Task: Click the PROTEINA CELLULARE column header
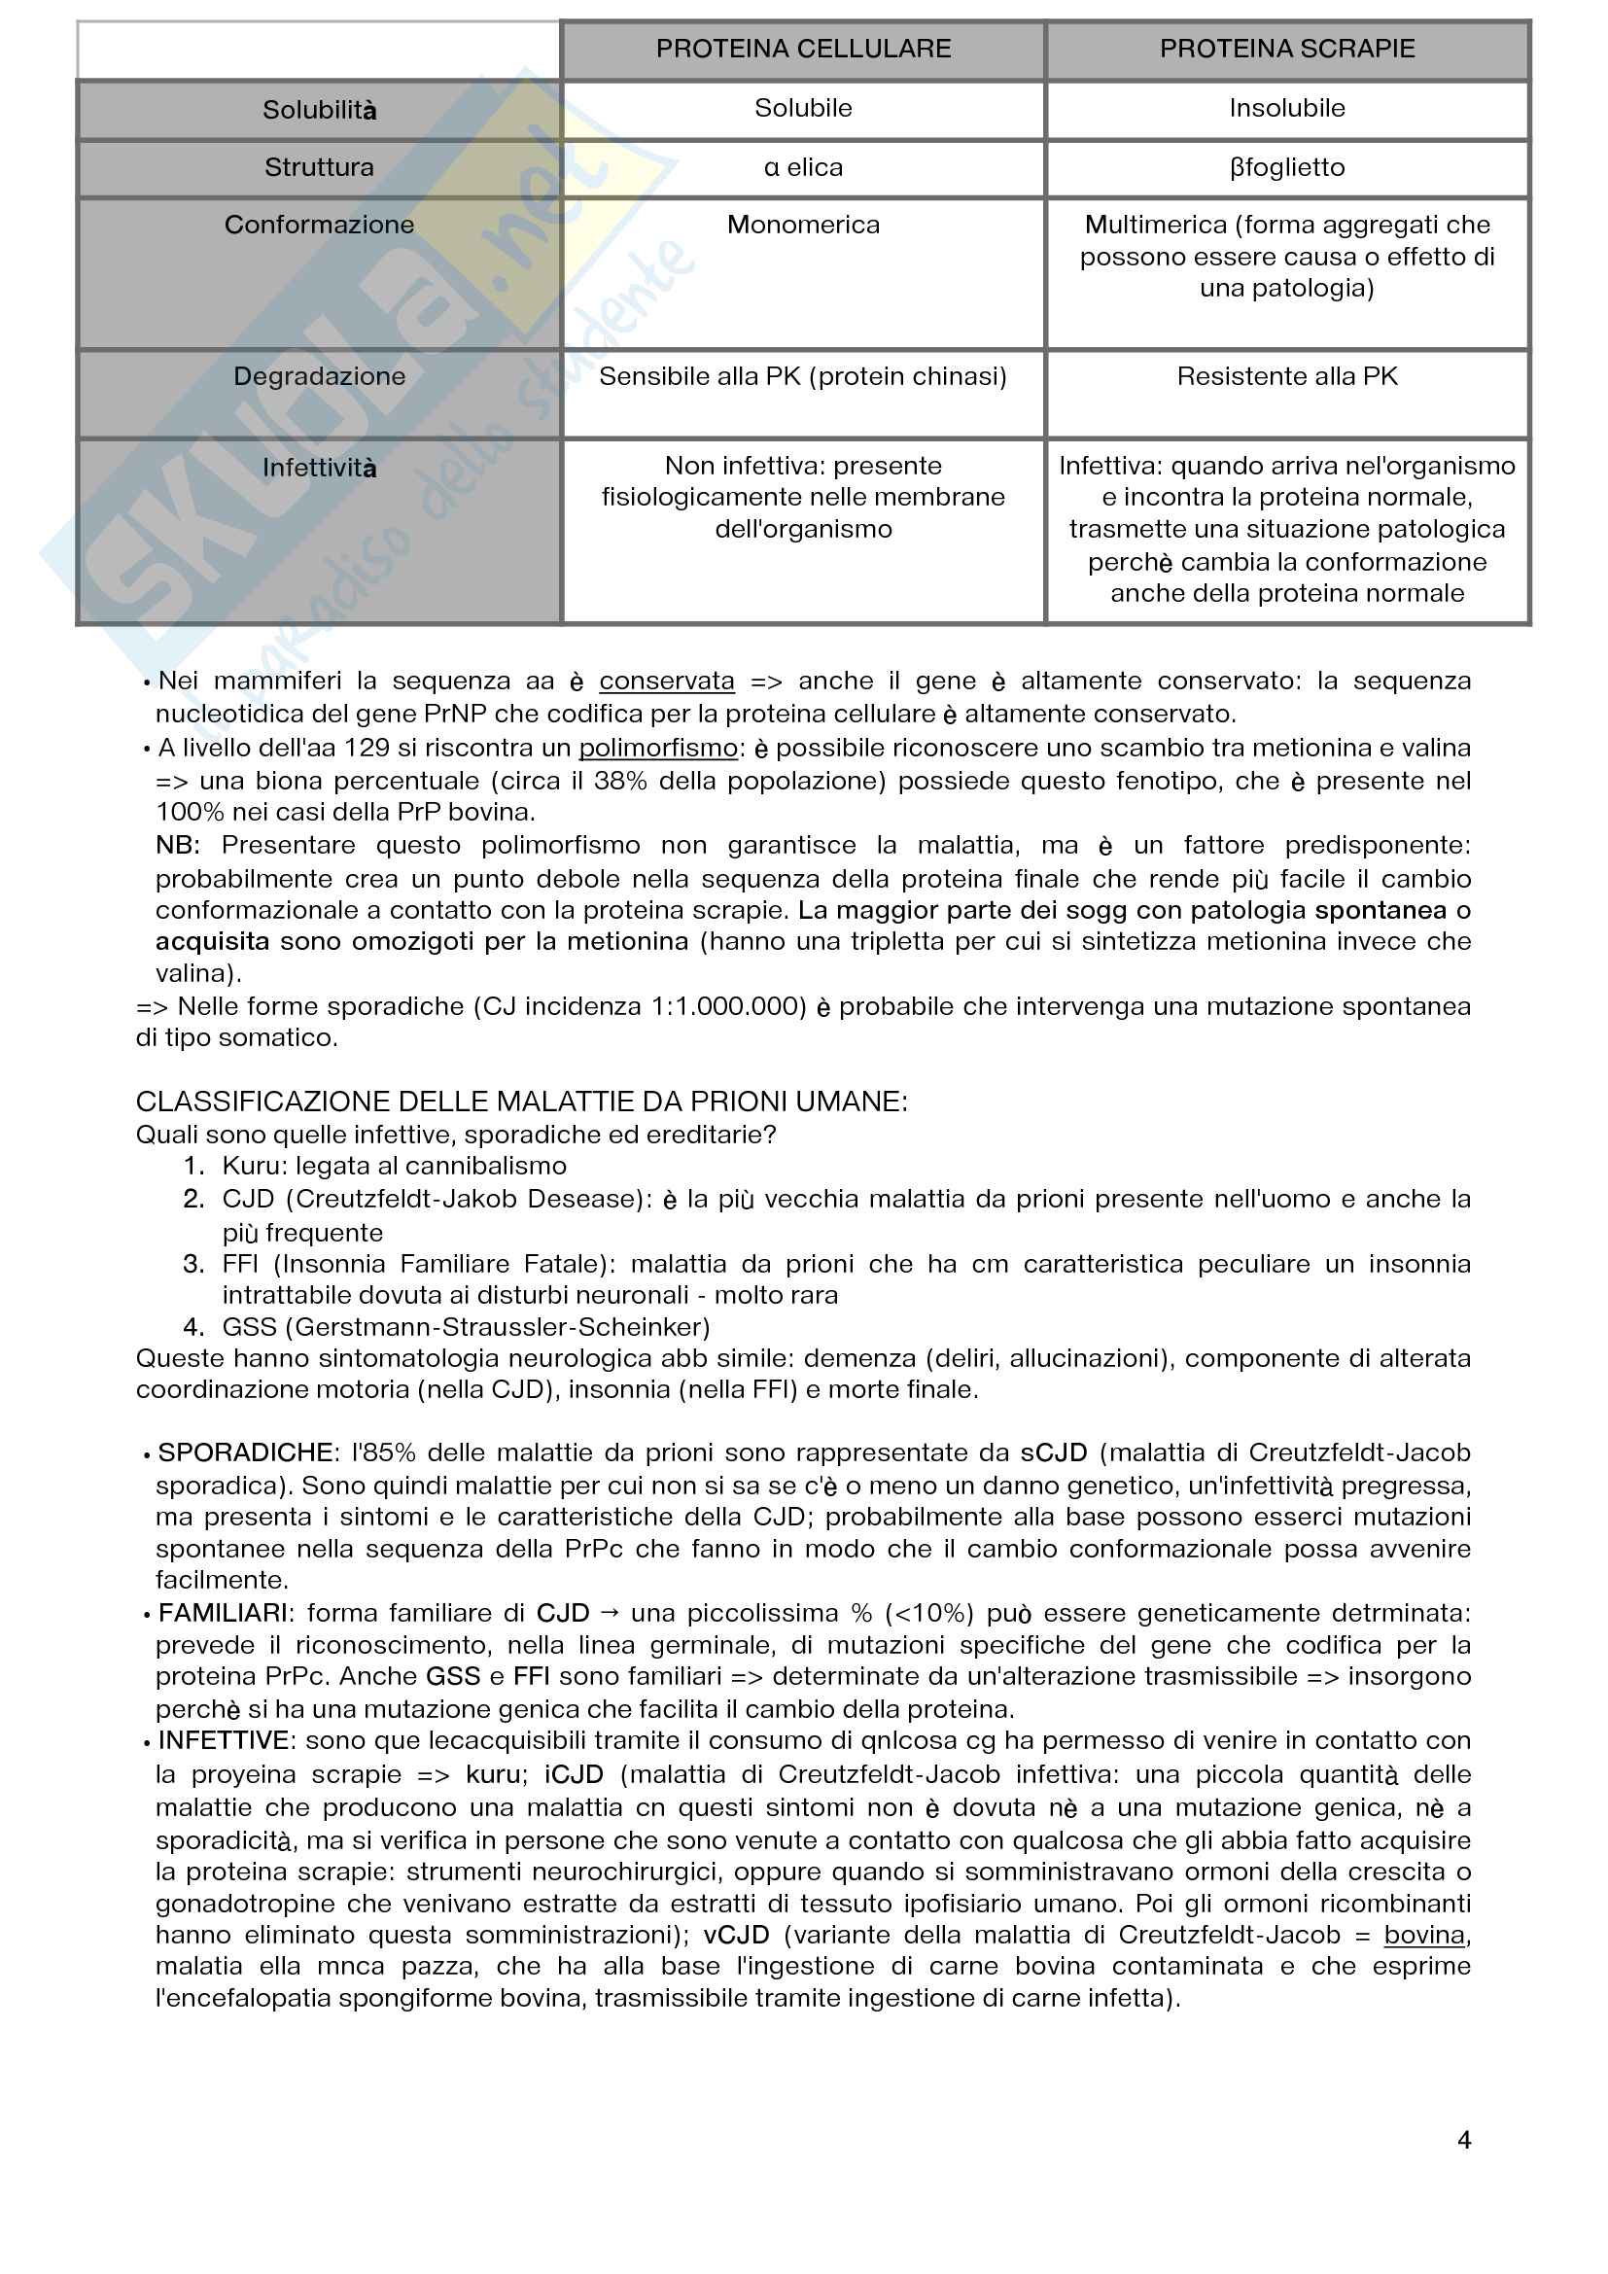803,49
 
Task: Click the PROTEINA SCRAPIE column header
1287,49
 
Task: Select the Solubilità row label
319,110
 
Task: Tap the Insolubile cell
1287,108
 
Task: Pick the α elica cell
803,167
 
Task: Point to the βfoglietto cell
1287,167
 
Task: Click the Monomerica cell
803,225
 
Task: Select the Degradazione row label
319,376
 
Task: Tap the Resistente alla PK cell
1287,376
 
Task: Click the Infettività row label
319,468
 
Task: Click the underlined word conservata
666,682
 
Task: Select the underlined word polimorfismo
657,748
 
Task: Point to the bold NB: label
177,845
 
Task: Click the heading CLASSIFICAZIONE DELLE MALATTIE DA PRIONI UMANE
521,1102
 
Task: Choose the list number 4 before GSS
193,1326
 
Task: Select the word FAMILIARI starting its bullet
222,1614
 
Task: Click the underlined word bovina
1424,1935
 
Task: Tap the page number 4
1463,2140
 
